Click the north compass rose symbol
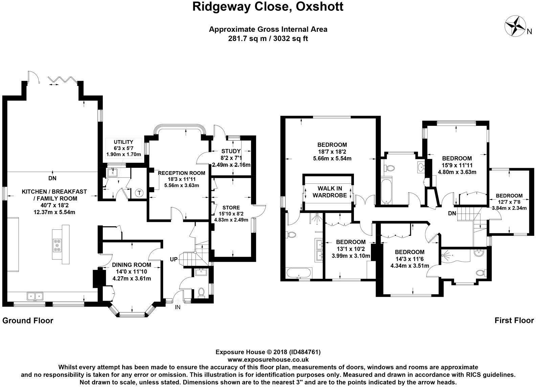pyautogui.click(x=514, y=26)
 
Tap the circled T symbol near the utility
pyautogui.click(x=139, y=193)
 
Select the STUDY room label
pyautogui.click(x=231, y=151)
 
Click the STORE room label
pyautogui.click(x=231, y=207)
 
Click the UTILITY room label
pyautogui.click(x=123, y=142)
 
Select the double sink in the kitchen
pyautogui.click(x=35, y=296)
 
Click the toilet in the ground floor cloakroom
pyautogui.click(x=201, y=292)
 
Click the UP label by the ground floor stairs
pyautogui.click(x=174, y=259)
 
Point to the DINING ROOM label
pyautogui.click(x=131, y=265)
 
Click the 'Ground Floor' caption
pyautogui.click(x=28, y=320)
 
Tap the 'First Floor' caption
pyautogui.click(x=514, y=320)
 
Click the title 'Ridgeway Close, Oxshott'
pyautogui.click(x=268, y=6)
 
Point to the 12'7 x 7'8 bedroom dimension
pyautogui.click(x=509, y=202)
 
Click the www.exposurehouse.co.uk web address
pyautogui.click(x=268, y=360)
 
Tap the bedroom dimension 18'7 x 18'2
pyautogui.click(x=330, y=152)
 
